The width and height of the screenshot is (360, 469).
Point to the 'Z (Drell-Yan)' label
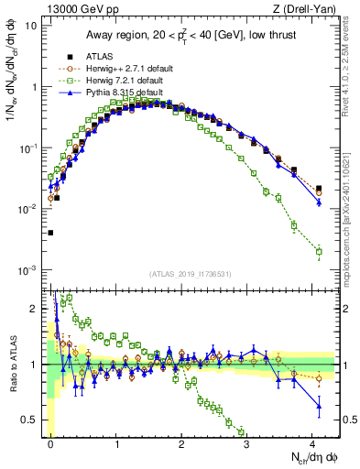click(308, 8)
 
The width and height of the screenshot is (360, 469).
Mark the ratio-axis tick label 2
click(33, 309)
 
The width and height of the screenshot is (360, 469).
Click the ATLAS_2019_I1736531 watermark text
click(189, 274)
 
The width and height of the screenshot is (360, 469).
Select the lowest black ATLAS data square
click(51, 233)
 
